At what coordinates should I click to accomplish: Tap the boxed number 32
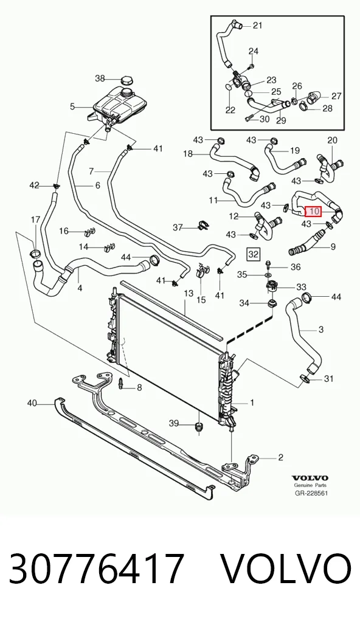coord(253,254)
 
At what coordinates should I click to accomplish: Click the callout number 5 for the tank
coord(72,106)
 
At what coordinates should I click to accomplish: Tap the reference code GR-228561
coord(311,493)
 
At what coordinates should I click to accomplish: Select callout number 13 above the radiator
coord(189,293)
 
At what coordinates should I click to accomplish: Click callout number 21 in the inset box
coord(257,26)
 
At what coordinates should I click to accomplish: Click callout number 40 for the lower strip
coord(32,403)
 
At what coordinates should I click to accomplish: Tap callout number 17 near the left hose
coord(35,220)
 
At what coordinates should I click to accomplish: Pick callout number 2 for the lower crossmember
coord(281,457)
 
